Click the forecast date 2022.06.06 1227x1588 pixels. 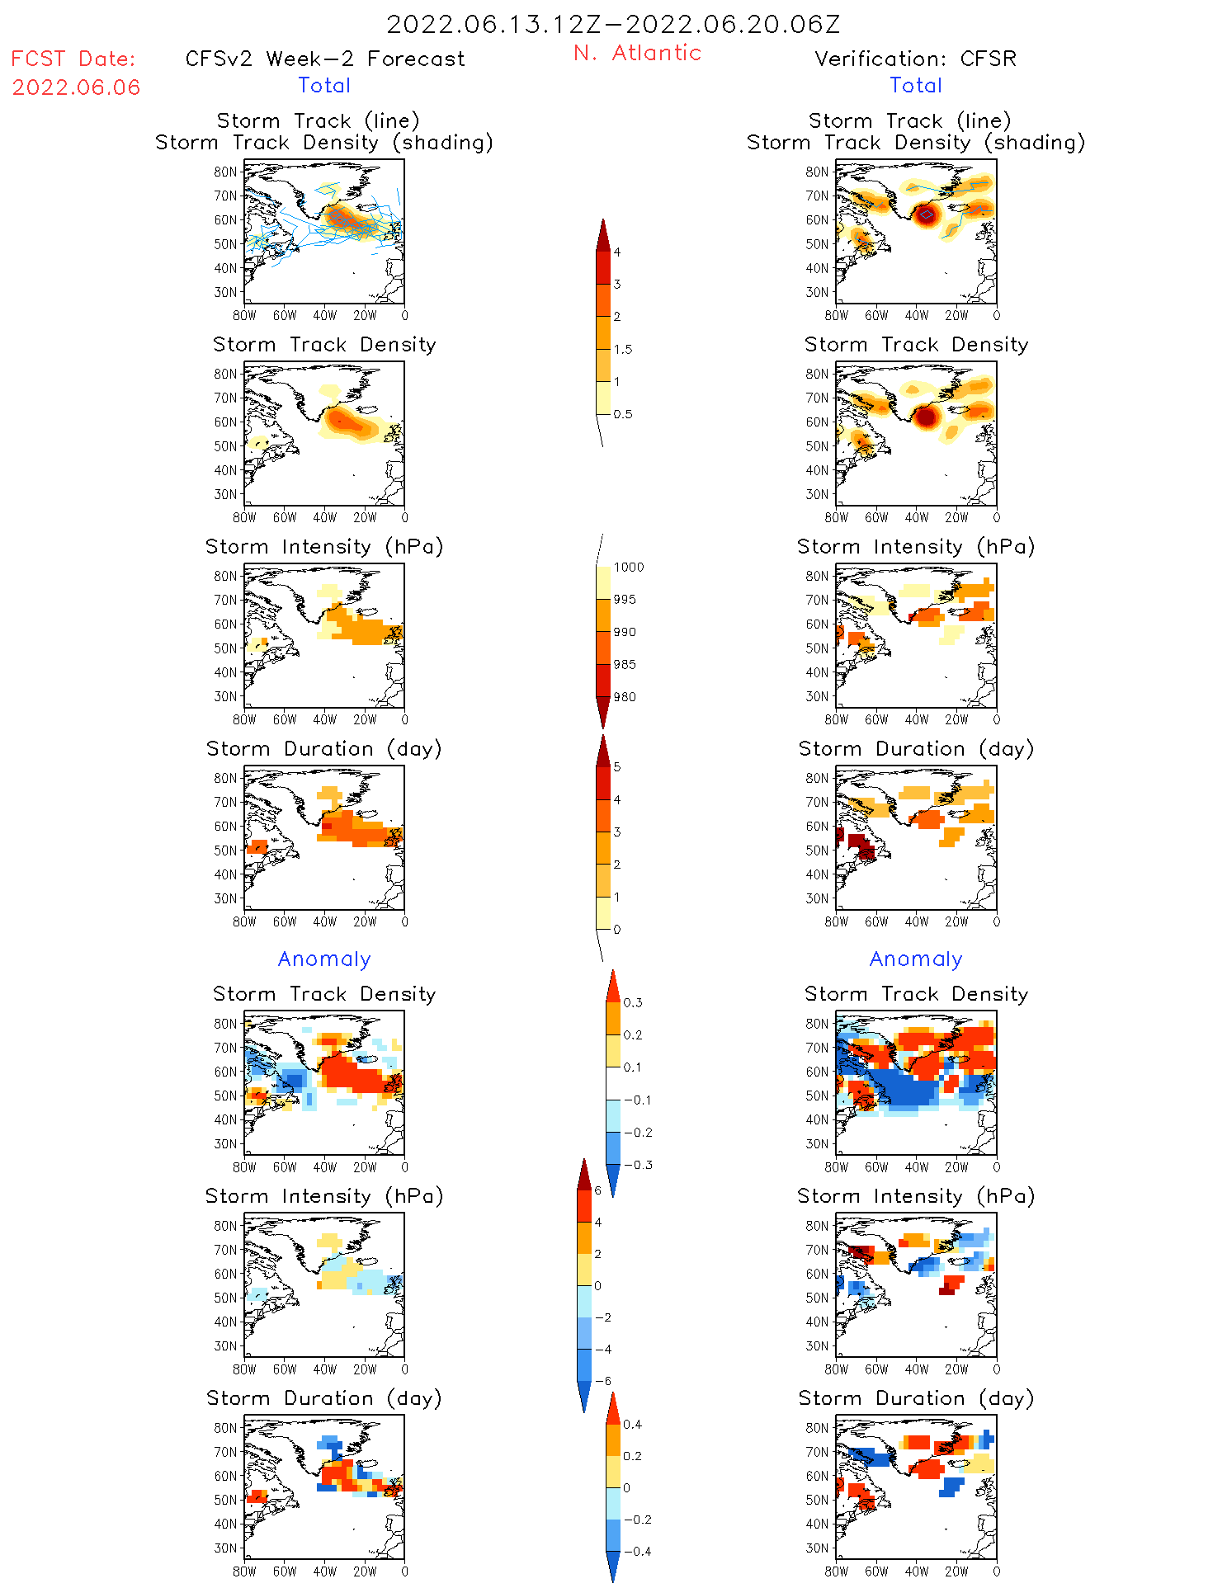76,87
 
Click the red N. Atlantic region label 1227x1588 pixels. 637,54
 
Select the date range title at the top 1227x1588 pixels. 613,25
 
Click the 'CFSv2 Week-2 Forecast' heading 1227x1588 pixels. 325,59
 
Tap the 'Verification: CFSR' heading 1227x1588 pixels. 915,59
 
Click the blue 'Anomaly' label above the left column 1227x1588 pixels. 324,959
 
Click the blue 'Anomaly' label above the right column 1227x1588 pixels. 916,959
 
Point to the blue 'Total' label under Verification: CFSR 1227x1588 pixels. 916,86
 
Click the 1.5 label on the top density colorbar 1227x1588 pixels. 623,350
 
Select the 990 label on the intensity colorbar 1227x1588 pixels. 625,633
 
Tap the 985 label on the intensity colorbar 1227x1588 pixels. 625,665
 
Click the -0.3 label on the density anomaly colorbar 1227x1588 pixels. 638,1166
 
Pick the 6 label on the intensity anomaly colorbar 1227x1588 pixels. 598,1190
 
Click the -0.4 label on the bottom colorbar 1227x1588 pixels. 637,1552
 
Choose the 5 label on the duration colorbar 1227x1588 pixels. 617,767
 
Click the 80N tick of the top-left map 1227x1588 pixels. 225,172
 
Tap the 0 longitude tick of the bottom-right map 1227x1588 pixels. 997,1572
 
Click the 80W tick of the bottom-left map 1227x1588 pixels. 244,1572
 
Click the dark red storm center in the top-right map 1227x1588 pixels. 927,214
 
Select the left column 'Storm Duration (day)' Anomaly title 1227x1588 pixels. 324,1398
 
